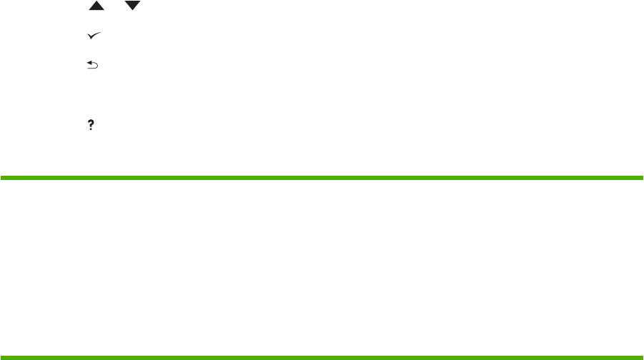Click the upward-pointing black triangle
click(95, 5)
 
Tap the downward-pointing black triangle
click(133, 5)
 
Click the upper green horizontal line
click(322, 178)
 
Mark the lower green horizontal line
click(322, 356)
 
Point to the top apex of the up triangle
click(95, 1)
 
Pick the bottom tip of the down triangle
click(133, 9)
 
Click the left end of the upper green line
click(2, 178)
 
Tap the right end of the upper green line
click(641, 178)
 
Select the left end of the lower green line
click(2, 356)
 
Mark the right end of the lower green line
click(641, 356)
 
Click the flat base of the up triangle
click(95, 9)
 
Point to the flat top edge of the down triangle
click(133, 1)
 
